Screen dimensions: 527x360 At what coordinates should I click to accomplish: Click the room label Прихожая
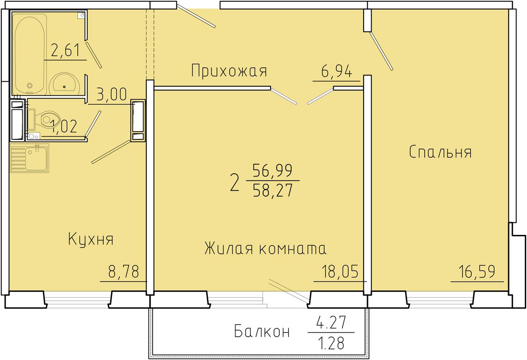pos(229,71)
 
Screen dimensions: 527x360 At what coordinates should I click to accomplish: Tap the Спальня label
pos(440,152)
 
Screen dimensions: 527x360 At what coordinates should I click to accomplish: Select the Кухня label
pos(91,239)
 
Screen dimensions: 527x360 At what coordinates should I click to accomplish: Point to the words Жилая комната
pos(265,248)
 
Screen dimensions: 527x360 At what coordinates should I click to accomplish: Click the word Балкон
pos(262,332)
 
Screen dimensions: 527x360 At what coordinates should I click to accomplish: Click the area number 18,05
pos(340,271)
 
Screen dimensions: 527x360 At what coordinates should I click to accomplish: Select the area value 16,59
pos(477,271)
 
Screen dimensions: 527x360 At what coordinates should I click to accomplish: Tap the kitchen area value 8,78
pos(123,271)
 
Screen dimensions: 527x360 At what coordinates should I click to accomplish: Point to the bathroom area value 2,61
pos(65,50)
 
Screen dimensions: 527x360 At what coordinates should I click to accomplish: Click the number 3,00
pos(112,94)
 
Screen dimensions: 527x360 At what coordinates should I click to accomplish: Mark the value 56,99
pos(272,170)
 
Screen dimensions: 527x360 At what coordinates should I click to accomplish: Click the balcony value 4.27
pos(331,322)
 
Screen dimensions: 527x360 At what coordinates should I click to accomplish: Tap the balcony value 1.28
pos(332,343)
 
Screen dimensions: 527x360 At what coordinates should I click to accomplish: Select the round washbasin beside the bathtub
pos(65,84)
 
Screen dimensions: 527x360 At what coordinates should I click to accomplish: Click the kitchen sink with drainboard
pos(29,158)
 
